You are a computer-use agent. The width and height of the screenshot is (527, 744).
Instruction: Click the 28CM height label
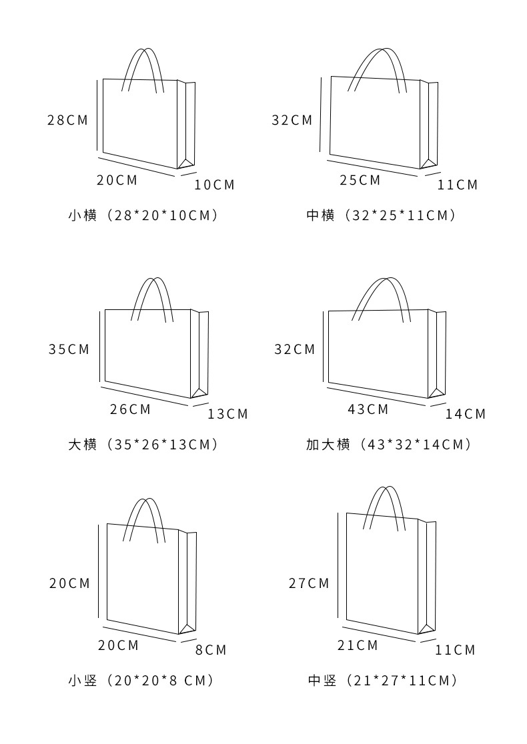(x=67, y=121)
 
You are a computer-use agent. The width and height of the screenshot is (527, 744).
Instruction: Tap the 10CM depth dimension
(x=215, y=185)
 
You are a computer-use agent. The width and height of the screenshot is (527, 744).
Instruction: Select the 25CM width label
(x=360, y=180)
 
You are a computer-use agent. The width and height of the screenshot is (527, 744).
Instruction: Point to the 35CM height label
(x=69, y=349)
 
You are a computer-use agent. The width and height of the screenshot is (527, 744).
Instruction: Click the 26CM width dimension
(x=131, y=409)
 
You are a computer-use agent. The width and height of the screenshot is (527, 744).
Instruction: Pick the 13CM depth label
(x=227, y=414)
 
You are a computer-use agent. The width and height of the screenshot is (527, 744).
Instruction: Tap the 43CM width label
(x=368, y=409)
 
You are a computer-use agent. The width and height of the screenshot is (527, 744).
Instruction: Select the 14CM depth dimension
(x=466, y=414)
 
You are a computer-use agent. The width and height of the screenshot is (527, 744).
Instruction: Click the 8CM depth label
(x=211, y=650)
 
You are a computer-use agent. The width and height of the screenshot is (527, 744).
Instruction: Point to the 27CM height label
(x=309, y=583)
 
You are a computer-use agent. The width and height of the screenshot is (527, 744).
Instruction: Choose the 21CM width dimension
(x=358, y=645)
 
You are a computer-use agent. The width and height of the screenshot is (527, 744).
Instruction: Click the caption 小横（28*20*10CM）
(x=143, y=215)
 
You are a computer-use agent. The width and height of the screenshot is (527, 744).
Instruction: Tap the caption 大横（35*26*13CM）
(x=143, y=445)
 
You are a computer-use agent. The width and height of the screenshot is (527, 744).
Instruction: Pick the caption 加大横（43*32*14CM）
(x=390, y=445)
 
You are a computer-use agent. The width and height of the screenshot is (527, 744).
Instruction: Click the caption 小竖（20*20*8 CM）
(x=141, y=681)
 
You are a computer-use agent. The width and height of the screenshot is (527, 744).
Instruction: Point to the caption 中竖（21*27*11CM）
(x=384, y=681)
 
